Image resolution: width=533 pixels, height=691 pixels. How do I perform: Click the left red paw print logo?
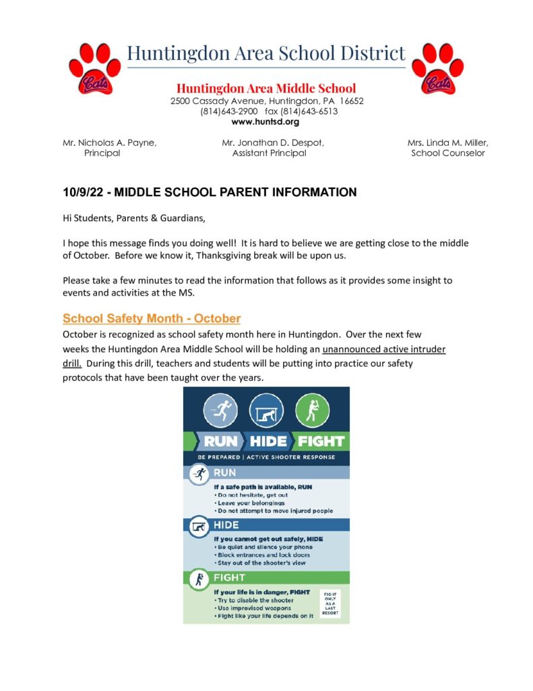pos(94,68)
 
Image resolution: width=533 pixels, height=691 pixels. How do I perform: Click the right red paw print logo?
pos(437,68)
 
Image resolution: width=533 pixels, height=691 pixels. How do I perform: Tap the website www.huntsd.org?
pos(265,122)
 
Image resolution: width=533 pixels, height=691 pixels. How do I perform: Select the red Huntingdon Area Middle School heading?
pos(266,88)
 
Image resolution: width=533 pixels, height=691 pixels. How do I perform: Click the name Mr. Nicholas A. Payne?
pos(109,142)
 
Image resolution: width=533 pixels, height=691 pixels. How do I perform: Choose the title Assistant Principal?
pos(269,153)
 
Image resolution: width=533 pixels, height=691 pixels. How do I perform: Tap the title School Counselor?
pos(447,153)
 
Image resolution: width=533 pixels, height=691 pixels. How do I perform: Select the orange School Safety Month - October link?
pos(152,319)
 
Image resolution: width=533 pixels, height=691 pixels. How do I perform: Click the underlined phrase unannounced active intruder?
pos(384,349)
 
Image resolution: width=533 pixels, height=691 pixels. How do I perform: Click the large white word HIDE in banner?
pos(268,441)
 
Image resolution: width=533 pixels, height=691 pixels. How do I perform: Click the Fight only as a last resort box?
pos(330,603)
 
